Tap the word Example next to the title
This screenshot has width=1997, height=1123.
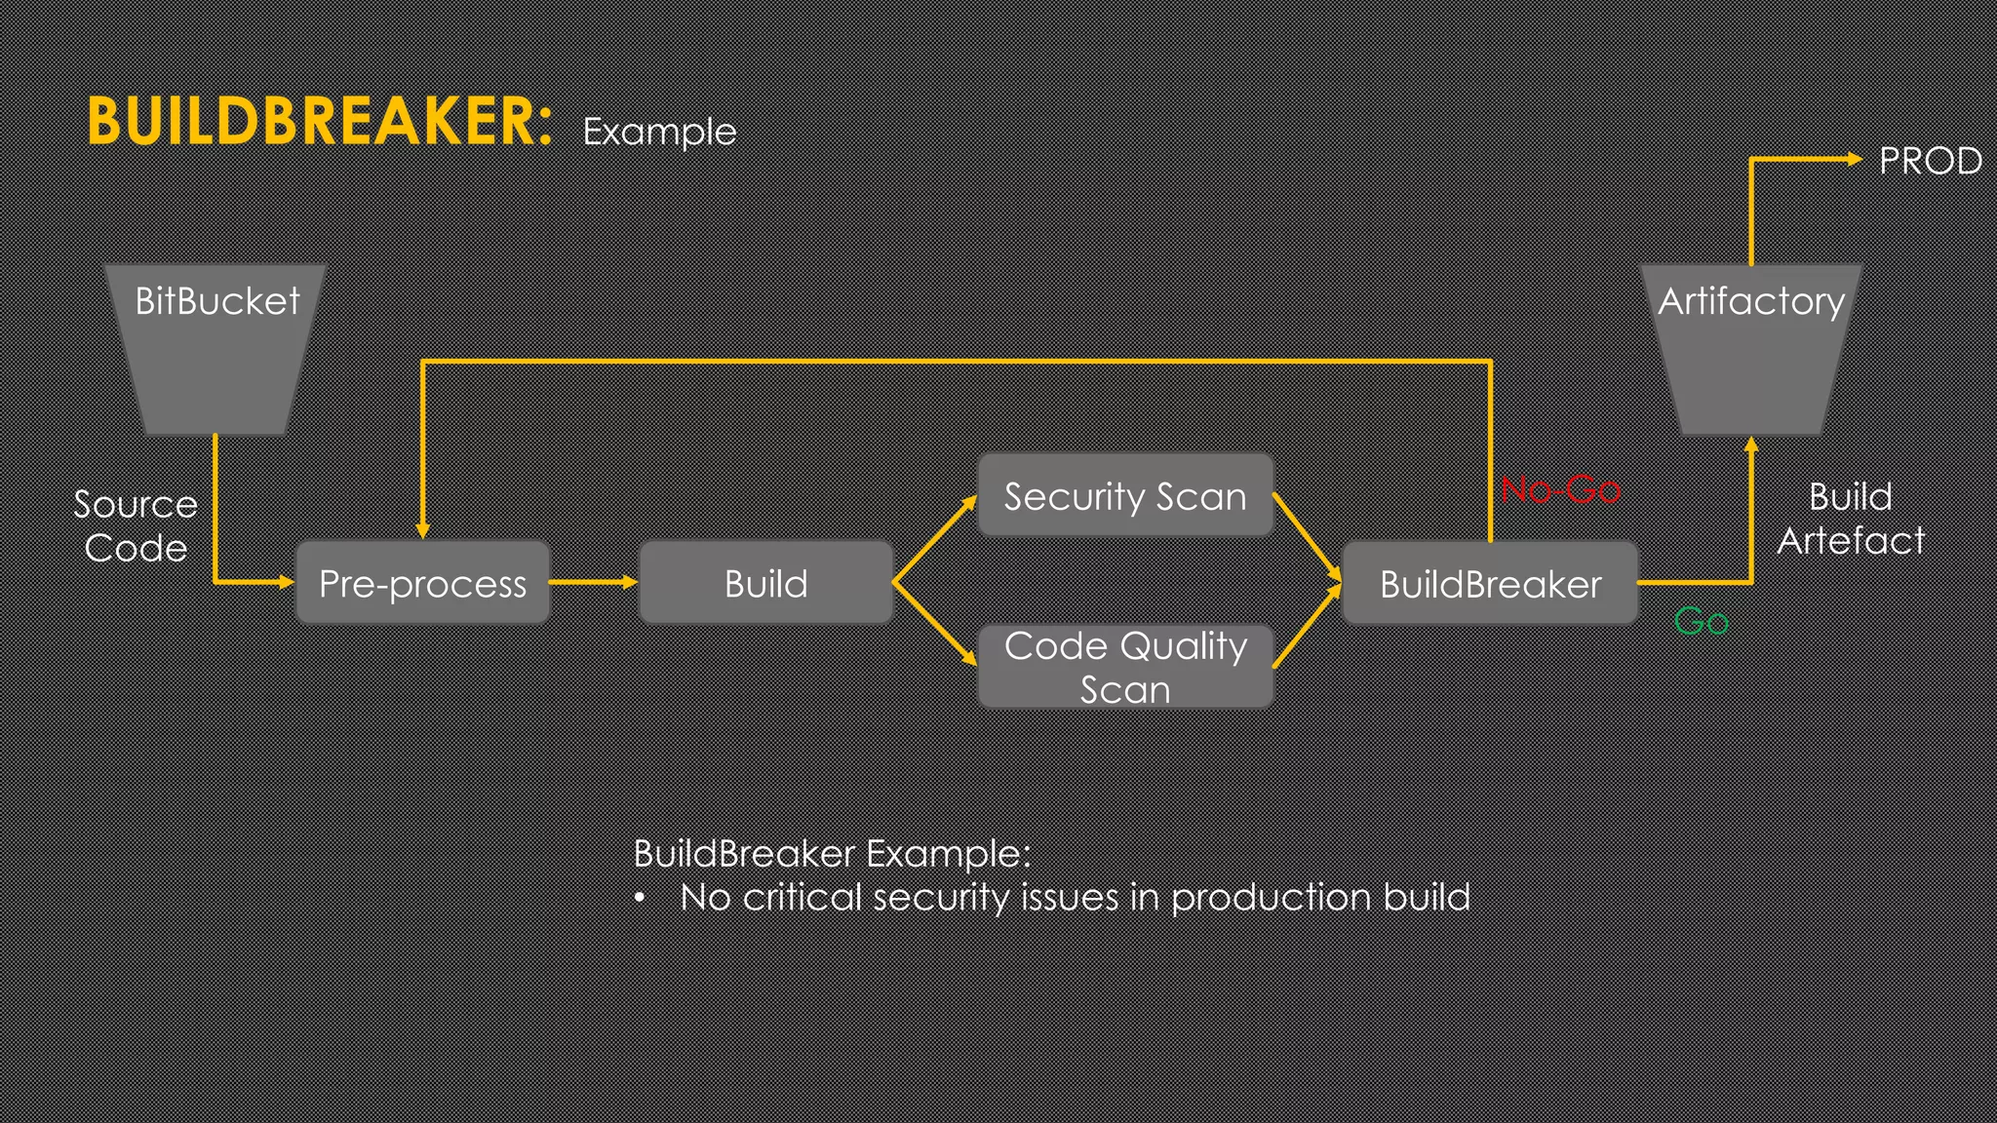click(x=659, y=132)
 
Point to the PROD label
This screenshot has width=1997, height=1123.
click(x=1930, y=161)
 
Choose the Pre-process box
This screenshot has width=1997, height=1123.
click(x=422, y=583)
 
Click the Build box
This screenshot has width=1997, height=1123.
click(x=765, y=583)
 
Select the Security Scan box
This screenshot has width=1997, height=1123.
click(x=1125, y=496)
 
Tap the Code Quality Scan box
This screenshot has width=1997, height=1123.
click(x=1125, y=667)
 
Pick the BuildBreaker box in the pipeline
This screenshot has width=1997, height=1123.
click(x=1490, y=583)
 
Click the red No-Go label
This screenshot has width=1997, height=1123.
click(x=1560, y=488)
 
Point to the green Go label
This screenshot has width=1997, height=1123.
click(x=1701, y=621)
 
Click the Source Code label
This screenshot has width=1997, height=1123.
click(x=136, y=525)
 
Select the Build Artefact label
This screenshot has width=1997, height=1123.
click(x=1850, y=518)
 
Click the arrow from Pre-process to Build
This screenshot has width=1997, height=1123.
click(x=593, y=582)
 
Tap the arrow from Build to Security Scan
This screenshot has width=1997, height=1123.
click(x=934, y=540)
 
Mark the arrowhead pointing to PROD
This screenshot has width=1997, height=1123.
click(x=1854, y=159)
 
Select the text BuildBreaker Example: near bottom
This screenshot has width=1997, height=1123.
click(x=831, y=853)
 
